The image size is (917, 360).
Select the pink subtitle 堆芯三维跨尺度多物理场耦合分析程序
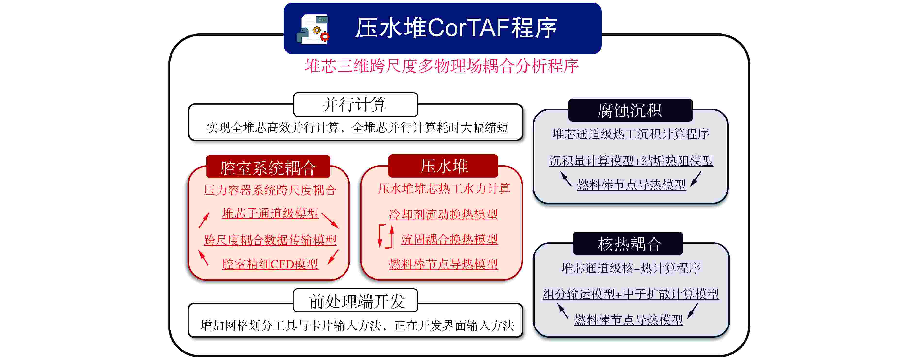tap(442, 66)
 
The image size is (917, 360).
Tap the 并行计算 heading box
tap(355, 105)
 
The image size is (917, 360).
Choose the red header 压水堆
tap(443, 166)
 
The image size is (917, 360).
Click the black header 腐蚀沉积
tap(630, 110)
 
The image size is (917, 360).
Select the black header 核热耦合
tap(628, 243)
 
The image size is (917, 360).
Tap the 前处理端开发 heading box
tap(355, 301)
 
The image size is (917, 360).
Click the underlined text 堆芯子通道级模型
tap(270, 213)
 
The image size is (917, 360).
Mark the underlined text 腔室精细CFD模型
tap(270, 264)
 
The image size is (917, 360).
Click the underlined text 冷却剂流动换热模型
tap(443, 214)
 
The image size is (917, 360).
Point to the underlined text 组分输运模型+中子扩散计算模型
tap(631, 294)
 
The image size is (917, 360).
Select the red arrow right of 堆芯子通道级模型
tap(330, 220)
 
